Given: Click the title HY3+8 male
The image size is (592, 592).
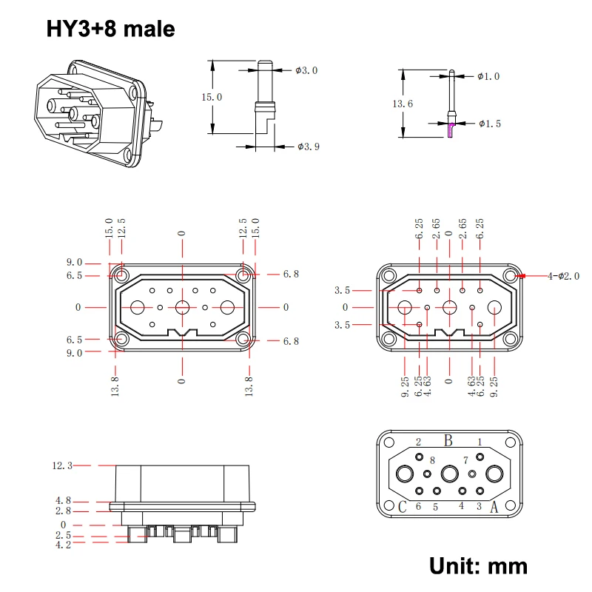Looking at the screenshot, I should click(x=111, y=29).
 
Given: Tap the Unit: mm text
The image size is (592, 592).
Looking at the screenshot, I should click(x=479, y=566).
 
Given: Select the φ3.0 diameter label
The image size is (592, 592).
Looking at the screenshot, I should click(x=306, y=70).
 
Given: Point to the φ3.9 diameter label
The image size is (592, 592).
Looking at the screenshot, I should click(x=308, y=147).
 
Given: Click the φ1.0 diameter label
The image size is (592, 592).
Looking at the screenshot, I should click(x=488, y=76).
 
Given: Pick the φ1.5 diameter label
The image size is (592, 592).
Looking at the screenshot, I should click(x=490, y=123).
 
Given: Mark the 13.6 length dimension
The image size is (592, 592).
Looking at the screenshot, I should click(x=403, y=104).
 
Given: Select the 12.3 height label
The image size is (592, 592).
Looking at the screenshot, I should click(x=62, y=465).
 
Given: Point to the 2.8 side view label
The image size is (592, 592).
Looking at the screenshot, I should click(x=62, y=511).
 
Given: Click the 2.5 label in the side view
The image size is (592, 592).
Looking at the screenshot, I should click(x=62, y=534).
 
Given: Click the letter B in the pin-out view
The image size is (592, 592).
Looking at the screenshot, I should click(x=448, y=441).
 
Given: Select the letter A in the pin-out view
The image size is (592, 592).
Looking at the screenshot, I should click(x=494, y=508).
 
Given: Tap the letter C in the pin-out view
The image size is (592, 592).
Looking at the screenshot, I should click(x=403, y=508).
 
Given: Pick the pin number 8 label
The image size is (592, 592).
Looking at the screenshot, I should click(x=432, y=461).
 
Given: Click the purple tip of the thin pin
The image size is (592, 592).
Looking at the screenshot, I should click(x=451, y=130).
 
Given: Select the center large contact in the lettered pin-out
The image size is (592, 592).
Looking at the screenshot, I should click(x=449, y=474).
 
